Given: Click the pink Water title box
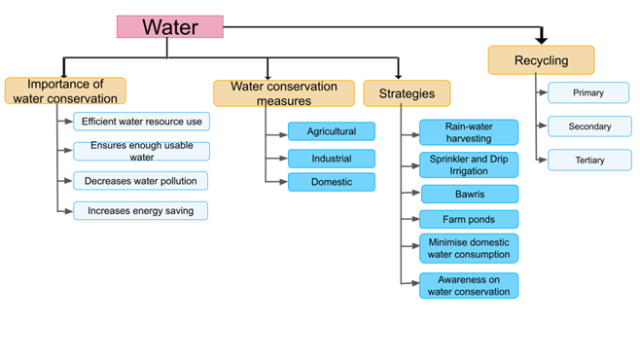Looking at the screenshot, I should pyautogui.click(x=170, y=26).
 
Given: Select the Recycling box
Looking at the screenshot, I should pyautogui.click(x=541, y=60).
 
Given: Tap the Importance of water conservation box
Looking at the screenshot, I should pyautogui.click(x=65, y=90).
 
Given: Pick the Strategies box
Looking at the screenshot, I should pyautogui.click(x=407, y=93).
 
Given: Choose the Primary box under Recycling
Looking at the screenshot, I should pyautogui.click(x=587, y=92).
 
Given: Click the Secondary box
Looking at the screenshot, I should pyautogui.click(x=587, y=126).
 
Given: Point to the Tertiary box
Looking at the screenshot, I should pyautogui.click(x=587, y=160).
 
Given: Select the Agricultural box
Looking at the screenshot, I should pyautogui.click(x=331, y=131).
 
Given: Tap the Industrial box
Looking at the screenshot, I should pyautogui.click(x=331, y=158).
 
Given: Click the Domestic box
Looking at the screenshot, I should pyautogui.click(x=331, y=182).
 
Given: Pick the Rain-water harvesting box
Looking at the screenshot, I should pyautogui.click(x=469, y=131).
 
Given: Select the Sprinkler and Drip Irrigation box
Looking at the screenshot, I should pyautogui.click(x=469, y=164).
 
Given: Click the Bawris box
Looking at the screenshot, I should pyautogui.click(x=469, y=194).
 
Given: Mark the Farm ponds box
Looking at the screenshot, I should pyautogui.click(x=469, y=219).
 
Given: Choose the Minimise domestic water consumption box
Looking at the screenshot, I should pyautogui.click(x=469, y=248).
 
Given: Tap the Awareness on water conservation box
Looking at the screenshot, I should pyautogui.click(x=469, y=285).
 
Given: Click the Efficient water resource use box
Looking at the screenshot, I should pyautogui.click(x=141, y=121).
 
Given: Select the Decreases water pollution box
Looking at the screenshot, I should pyautogui.click(x=141, y=181).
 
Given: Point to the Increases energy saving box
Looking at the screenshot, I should pyautogui.click(x=141, y=210).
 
